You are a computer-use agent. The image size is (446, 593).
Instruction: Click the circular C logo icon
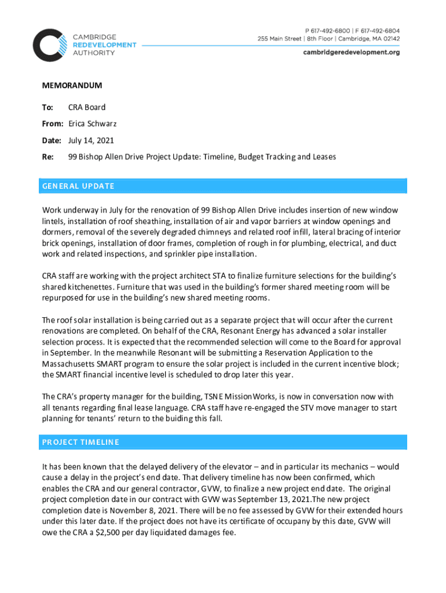(50, 45)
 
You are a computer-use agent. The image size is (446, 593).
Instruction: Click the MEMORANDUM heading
(72, 86)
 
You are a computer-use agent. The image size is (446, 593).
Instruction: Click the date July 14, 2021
(91, 140)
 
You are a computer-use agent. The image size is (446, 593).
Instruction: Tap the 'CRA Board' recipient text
(87, 107)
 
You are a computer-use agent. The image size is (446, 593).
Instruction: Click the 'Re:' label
(47, 156)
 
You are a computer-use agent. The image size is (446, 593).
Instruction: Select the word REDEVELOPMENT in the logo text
(104, 45)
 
